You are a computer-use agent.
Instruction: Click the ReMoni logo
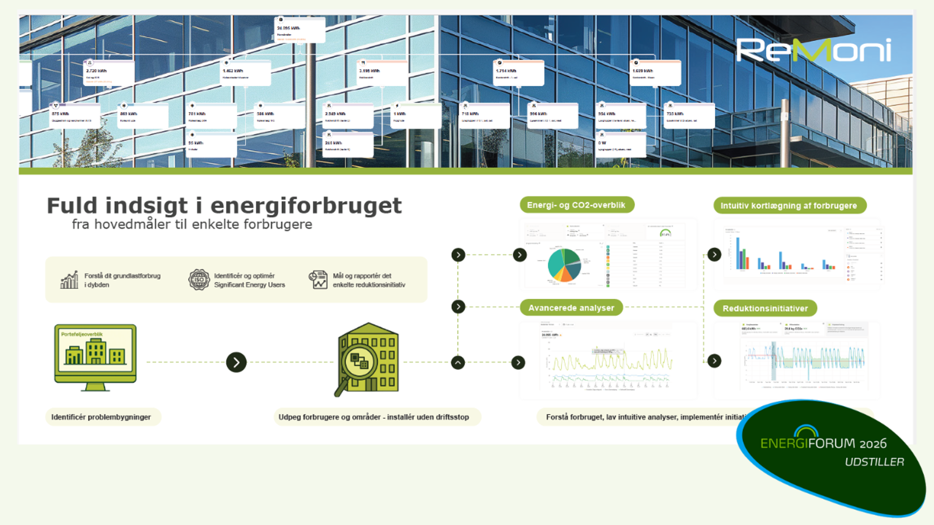(813, 50)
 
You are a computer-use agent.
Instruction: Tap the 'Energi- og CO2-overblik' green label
(576, 205)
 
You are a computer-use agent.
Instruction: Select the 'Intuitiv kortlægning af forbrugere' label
(789, 206)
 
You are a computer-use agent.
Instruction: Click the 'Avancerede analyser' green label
(571, 308)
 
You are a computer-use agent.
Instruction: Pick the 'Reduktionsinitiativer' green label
(765, 308)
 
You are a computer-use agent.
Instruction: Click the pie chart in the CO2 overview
(564, 265)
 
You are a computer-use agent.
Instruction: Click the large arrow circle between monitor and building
(236, 362)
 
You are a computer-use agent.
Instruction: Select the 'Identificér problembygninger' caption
(101, 417)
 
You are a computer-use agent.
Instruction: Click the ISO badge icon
(199, 280)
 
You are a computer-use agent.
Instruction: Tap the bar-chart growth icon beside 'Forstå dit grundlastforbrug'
(69, 280)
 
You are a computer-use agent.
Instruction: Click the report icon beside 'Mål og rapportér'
(318, 280)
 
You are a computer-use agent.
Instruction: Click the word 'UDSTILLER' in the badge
(874, 462)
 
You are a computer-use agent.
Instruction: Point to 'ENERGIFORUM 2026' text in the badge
(823, 443)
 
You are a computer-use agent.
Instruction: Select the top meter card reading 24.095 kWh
(300, 30)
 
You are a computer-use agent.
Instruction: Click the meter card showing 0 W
(621, 145)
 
